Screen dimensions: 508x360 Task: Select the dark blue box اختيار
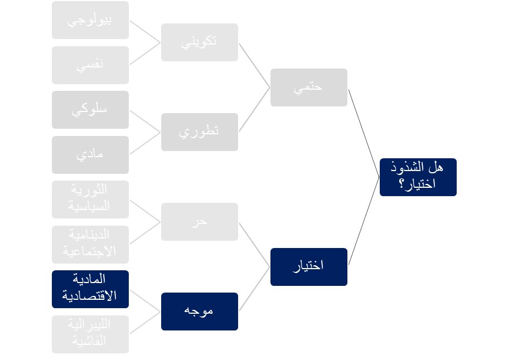[x=308, y=266]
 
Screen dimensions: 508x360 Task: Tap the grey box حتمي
[x=308, y=87]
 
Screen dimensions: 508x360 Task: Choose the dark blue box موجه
[x=199, y=311]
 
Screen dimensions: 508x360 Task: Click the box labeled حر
[x=199, y=221]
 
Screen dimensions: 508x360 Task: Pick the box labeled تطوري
[x=199, y=132]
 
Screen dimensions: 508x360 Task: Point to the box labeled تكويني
[x=199, y=42]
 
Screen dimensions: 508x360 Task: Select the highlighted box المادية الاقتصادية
[x=90, y=289]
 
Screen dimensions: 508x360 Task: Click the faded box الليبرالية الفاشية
[x=90, y=334]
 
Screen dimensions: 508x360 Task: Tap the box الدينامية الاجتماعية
[x=90, y=244]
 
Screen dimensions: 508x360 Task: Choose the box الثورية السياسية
[x=90, y=199]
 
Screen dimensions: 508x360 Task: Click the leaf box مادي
[x=90, y=154]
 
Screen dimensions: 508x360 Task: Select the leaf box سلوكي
[x=90, y=110]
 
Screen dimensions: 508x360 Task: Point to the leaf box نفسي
[x=90, y=65]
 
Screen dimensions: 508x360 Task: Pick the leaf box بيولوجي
[x=90, y=20]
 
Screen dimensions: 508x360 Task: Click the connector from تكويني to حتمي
[x=254, y=65]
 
